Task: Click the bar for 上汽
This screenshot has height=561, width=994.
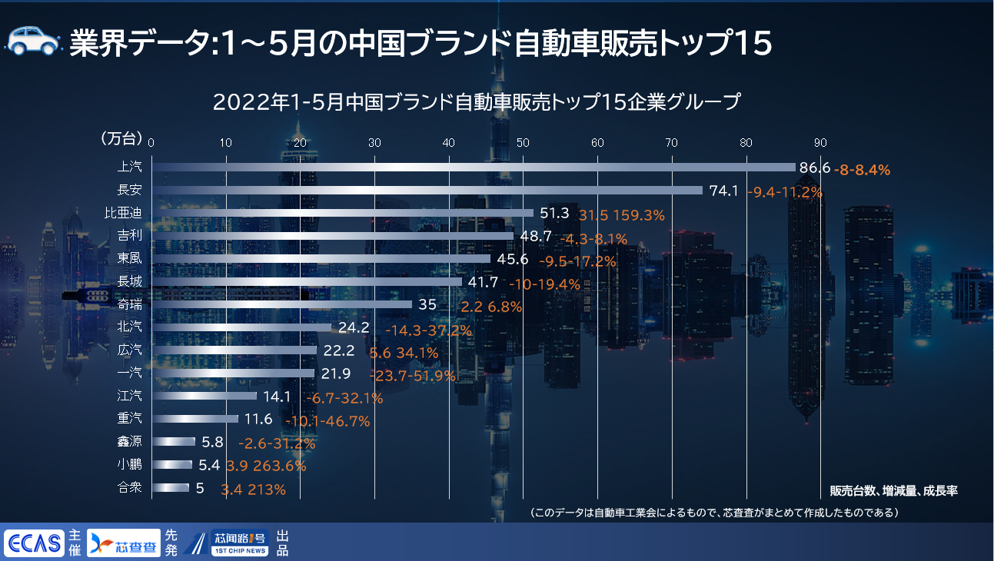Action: (473, 167)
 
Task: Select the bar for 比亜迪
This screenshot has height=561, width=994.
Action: (342, 213)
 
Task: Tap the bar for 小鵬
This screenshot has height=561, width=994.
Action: (172, 464)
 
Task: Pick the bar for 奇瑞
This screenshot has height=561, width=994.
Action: (282, 304)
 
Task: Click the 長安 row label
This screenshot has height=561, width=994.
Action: (129, 190)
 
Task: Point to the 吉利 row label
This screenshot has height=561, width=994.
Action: (129, 236)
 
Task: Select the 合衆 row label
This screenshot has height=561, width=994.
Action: (129, 487)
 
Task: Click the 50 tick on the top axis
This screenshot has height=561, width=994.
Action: (523, 143)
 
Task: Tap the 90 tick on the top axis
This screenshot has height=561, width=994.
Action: (820, 143)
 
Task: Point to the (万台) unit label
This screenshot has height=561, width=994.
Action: (121, 139)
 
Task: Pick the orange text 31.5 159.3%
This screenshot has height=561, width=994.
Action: (621, 215)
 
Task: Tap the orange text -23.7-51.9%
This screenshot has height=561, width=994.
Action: (412, 375)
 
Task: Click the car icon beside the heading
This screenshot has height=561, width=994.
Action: (33, 41)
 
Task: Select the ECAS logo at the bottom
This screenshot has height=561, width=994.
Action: (33, 543)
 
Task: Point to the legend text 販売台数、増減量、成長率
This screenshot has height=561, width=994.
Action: (893, 490)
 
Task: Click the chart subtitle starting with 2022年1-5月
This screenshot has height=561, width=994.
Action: (477, 102)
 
